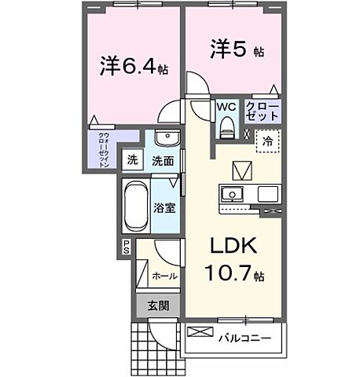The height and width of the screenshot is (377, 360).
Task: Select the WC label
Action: pos(226,106)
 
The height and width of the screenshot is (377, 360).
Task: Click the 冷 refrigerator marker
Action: pos(267,143)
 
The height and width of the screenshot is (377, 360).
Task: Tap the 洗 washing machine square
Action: pos(133,160)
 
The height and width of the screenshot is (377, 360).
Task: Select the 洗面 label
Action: pos(163,160)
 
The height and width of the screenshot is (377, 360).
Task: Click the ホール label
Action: pos(164,276)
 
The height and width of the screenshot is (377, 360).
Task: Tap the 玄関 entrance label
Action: pos(158,306)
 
